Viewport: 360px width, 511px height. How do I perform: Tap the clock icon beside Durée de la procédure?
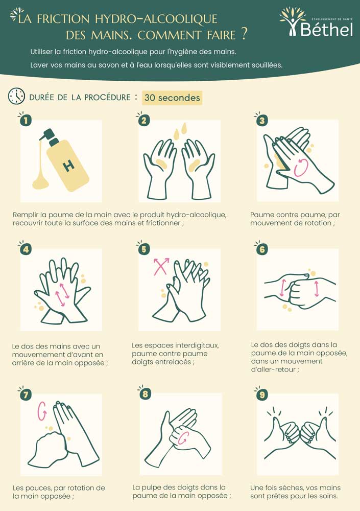click(x=16, y=96)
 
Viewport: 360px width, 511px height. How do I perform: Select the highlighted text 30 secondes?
click(x=172, y=97)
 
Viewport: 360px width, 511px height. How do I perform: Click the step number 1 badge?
click(x=25, y=121)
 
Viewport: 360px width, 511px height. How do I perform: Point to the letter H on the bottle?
click(x=68, y=166)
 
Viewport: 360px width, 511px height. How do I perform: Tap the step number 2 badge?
click(x=144, y=121)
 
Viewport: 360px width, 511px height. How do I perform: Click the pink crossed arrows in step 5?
click(x=161, y=266)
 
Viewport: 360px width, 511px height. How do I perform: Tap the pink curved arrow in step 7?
click(x=43, y=409)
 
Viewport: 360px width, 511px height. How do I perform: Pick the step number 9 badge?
click(x=262, y=394)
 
